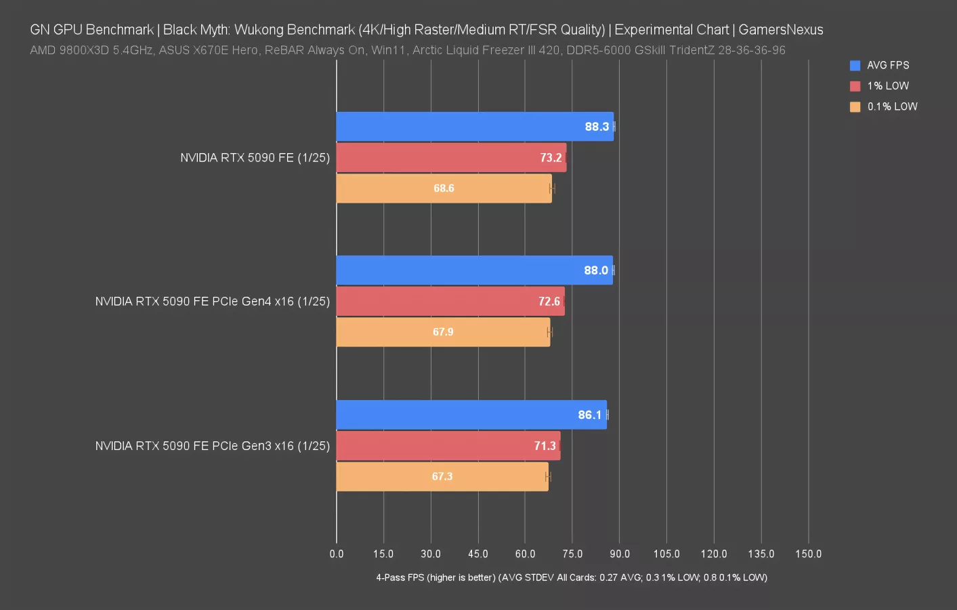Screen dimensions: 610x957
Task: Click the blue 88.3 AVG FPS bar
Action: click(474, 127)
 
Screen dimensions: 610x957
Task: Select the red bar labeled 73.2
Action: click(450, 157)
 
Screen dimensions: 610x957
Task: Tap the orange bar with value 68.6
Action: click(444, 188)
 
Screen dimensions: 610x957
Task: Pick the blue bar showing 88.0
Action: click(474, 270)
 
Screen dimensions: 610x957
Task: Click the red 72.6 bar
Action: click(450, 302)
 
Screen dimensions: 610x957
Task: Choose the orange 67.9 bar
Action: click(443, 332)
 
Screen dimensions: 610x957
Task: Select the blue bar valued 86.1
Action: click(471, 415)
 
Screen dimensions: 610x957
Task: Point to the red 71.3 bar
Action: click(448, 446)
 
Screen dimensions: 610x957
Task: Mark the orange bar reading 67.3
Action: click(442, 476)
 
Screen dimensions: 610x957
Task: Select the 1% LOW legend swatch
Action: click(855, 86)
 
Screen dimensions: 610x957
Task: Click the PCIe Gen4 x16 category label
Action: click(212, 302)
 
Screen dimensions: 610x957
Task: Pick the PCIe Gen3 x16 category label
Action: click(212, 446)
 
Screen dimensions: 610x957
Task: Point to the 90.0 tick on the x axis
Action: click(619, 554)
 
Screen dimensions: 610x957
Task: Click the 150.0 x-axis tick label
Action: click(808, 554)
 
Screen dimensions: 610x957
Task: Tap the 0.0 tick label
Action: click(337, 554)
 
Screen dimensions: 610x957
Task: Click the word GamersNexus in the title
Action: click(780, 30)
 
